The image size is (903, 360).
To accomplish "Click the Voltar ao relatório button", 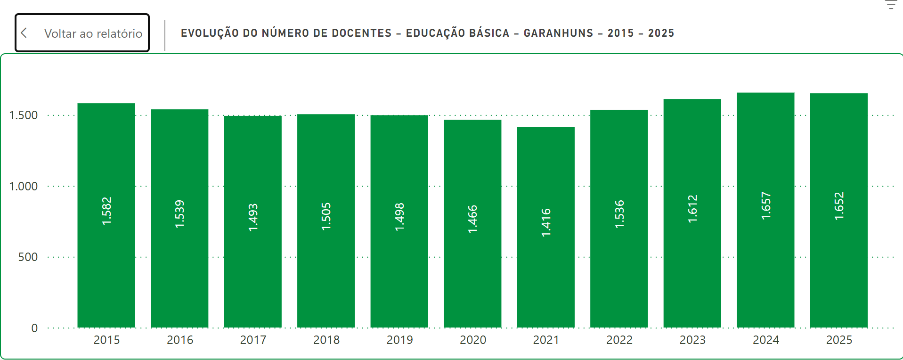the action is point(82,33).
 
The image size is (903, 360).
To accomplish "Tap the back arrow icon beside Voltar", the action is point(24,33).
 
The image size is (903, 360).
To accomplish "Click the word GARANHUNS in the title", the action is point(558,33).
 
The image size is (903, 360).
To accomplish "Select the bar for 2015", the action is point(106,215).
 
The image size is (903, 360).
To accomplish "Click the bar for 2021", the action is point(546,227).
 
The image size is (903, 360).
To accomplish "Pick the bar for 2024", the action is point(765,210).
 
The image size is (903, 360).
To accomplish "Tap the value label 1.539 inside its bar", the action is point(179,214).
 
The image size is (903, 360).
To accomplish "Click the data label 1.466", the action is point(472,219).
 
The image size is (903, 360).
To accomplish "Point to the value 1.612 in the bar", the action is point(692,209).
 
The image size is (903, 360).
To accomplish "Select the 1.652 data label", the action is point(839,206).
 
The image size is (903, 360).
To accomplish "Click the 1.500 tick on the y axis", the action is point(24,115).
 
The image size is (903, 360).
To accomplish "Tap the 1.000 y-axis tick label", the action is point(24,186).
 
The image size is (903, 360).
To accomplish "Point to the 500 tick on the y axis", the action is point(28,257).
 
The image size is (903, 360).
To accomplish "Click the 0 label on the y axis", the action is point(34,328).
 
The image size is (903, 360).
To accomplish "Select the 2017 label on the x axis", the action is point(253,340).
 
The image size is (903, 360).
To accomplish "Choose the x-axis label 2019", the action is point(399,340).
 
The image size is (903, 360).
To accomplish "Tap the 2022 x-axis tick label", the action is point(619,340).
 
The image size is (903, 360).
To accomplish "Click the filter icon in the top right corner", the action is point(891,5).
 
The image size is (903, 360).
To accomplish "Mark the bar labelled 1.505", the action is point(326,221).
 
